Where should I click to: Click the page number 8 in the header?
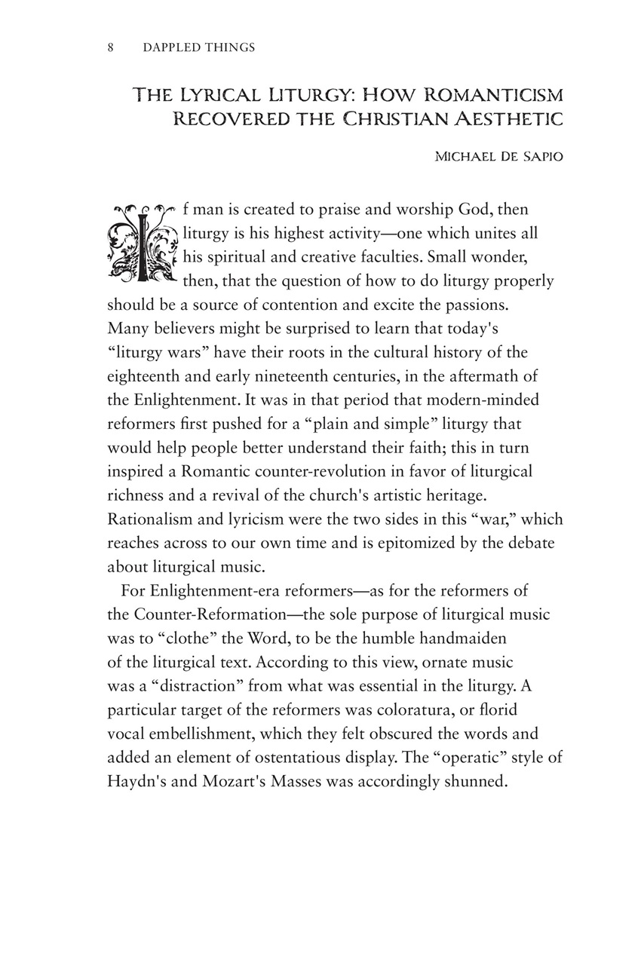click(110, 47)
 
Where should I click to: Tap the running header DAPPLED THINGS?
click(199, 47)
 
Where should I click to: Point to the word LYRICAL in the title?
click(229, 96)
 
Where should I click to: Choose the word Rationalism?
click(151, 519)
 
